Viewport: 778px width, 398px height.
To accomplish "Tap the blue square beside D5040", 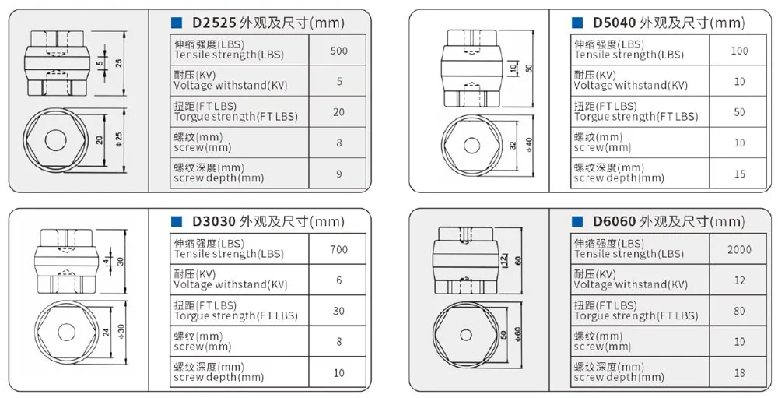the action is (x=577, y=23).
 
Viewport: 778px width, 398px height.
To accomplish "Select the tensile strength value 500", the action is (x=339, y=51).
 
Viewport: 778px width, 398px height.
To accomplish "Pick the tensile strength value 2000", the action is (x=739, y=250).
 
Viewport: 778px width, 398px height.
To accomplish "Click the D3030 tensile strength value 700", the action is (x=339, y=250).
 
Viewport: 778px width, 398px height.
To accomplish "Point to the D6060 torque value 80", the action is (x=739, y=311).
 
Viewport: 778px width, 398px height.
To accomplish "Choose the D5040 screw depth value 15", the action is (x=739, y=174).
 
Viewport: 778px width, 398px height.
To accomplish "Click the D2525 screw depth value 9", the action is (x=339, y=174).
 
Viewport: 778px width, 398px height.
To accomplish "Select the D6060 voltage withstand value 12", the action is (x=739, y=280).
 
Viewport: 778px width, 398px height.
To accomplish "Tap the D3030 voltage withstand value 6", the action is (x=339, y=280).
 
